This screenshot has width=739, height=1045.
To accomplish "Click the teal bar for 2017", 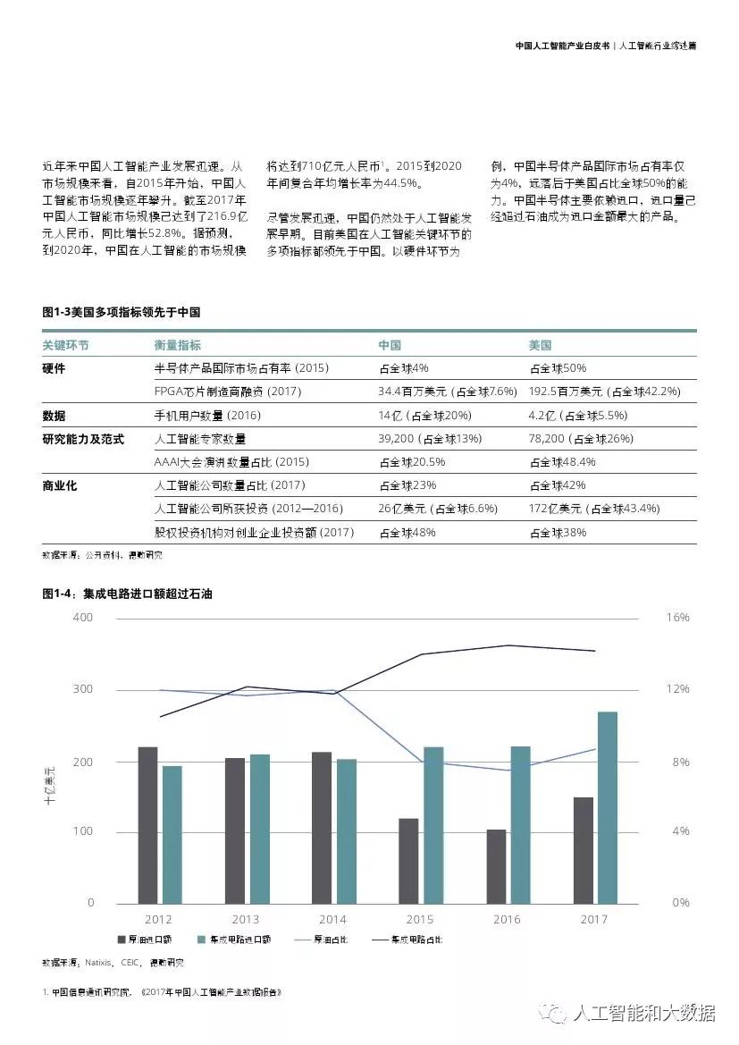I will pos(607,807).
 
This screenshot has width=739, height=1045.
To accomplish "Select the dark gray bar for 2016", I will pos(496,866).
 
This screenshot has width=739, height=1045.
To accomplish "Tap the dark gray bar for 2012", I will pos(147,825).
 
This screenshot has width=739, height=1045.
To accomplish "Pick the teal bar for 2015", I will pos(433,825).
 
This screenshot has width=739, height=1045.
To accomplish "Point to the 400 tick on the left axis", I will pos(83,618).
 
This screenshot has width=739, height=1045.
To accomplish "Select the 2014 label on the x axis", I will pos(332,919).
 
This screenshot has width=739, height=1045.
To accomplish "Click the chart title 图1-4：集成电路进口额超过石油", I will pos(127,593).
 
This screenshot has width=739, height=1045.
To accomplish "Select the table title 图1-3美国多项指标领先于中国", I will pos(121,312).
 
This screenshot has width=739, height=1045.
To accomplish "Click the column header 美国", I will pos(540,345).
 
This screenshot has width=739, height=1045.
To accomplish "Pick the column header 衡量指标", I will pos(177,345).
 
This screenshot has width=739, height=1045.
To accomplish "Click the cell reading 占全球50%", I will pos(558,368).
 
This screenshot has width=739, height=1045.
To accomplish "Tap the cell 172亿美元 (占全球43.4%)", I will pos(593,509).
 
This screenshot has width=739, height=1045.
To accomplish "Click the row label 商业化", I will pos(60,485).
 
